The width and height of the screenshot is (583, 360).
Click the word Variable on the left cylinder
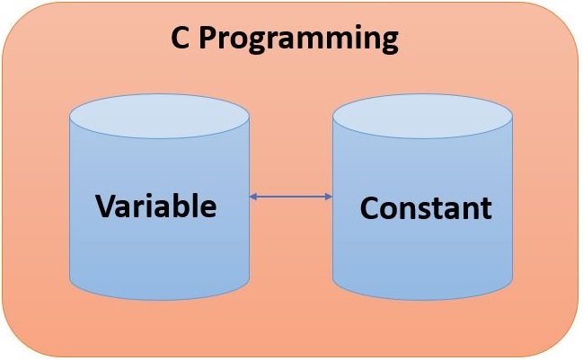tap(156, 206)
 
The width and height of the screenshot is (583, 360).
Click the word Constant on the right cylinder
tap(426, 208)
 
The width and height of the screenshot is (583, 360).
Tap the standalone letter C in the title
tap(180, 39)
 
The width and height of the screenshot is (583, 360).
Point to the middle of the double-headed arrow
tap(290, 196)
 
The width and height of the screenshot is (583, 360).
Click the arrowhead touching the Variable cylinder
tap(254, 196)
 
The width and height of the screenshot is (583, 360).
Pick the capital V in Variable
tap(107, 206)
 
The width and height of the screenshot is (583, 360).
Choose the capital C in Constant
tap(370, 208)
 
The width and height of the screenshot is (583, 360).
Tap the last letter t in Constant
tap(486, 209)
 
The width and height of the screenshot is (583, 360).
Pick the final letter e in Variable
tap(208, 208)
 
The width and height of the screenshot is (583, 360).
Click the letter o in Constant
tap(390, 210)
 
